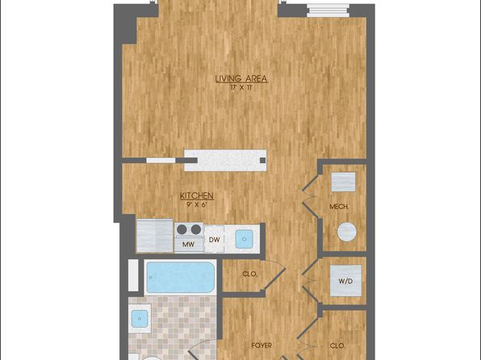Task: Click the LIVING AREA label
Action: (x=241, y=79)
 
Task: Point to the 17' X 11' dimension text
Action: (x=242, y=88)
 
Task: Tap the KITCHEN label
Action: (x=197, y=195)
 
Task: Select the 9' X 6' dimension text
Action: (x=196, y=203)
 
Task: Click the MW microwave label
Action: (x=188, y=245)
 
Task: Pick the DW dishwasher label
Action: (x=214, y=240)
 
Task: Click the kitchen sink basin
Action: (x=245, y=240)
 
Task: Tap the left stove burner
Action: (x=182, y=229)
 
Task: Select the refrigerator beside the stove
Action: (x=155, y=236)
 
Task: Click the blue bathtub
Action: (x=181, y=278)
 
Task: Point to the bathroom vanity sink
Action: (x=140, y=318)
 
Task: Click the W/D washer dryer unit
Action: (x=345, y=281)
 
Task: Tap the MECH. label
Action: (x=339, y=207)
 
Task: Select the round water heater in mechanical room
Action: (x=347, y=232)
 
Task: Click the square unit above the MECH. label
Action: (x=343, y=182)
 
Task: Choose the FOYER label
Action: (x=261, y=345)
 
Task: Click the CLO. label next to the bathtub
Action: (x=249, y=274)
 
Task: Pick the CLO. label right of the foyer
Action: (x=337, y=346)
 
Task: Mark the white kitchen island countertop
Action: (x=225, y=160)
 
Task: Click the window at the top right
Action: (x=328, y=10)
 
